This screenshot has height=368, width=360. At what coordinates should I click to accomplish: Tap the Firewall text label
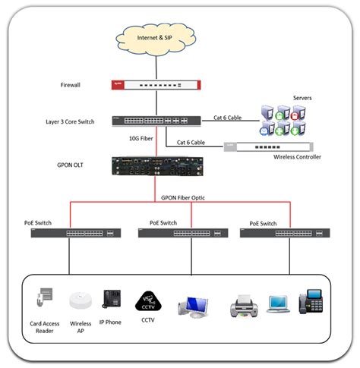pos(72,85)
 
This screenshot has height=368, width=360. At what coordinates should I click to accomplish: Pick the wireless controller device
pos(273,147)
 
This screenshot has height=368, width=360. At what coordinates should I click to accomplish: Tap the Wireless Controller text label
pos(297,158)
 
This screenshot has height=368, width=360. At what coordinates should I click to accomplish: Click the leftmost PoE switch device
pos(75,234)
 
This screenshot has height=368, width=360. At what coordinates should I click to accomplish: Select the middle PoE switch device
pos(182,234)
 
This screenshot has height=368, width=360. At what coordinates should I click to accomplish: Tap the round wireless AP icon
pos(81,301)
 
